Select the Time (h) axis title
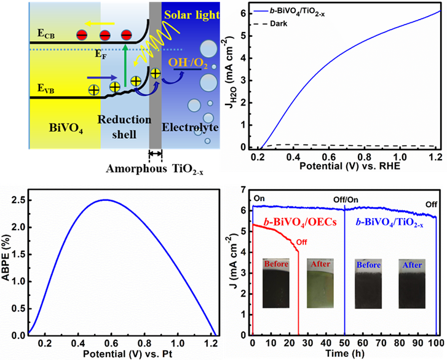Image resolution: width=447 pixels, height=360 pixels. (x=346, y=354)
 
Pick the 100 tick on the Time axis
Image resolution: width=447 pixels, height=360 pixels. (x=435, y=343)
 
